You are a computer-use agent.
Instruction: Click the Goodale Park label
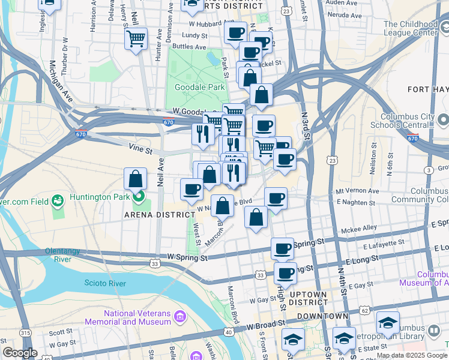[199, 87]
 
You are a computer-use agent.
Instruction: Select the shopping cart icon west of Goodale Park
[136, 40]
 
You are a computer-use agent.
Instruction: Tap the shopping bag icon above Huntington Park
[136, 179]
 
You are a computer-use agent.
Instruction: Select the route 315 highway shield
[25, 350]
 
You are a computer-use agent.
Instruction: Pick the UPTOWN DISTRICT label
[308, 299]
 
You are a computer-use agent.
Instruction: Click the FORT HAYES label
[428, 89]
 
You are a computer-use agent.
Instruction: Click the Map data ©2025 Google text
[412, 355]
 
